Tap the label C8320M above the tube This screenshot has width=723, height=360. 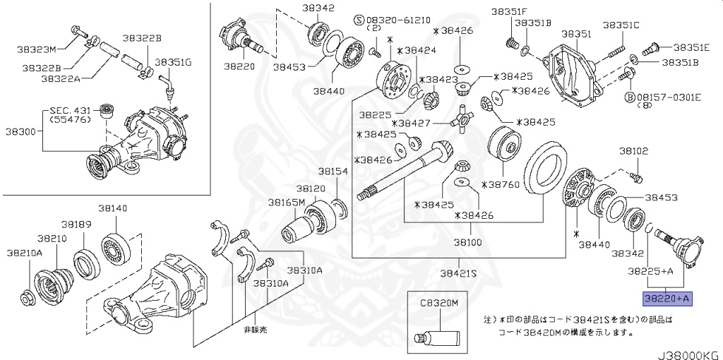pyautogui.click(x=439, y=302)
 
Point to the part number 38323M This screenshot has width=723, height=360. pyautogui.click(x=37, y=49)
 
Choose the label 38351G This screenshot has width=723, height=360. pyautogui.click(x=173, y=62)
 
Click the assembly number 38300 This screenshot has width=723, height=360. pyautogui.click(x=22, y=131)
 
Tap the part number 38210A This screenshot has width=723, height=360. pyautogui.click(x=25, y=252)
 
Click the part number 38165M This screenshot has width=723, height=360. pyautogui.click(x=286, y=202)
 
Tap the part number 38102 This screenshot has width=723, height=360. pyautogui.click(x=634, y=151)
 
